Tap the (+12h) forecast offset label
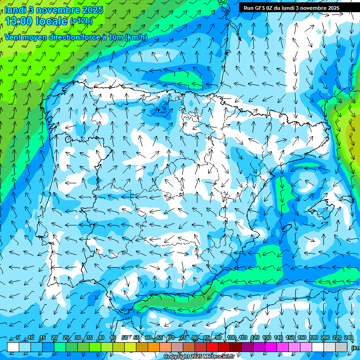click(x=81, y=21)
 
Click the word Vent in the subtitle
click(x=13, y=37)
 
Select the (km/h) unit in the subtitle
click(x=136, y=37)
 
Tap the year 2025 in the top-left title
click(x=92, y=9)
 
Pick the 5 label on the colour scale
click(x=18, y=338)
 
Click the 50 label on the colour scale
click(x=124, y=338)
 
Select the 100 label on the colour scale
click(x=232, y=338)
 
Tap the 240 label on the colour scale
click(x=349, y=338)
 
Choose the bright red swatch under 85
click(x=212, y=347)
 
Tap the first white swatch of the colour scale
click(x=13, y=347)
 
